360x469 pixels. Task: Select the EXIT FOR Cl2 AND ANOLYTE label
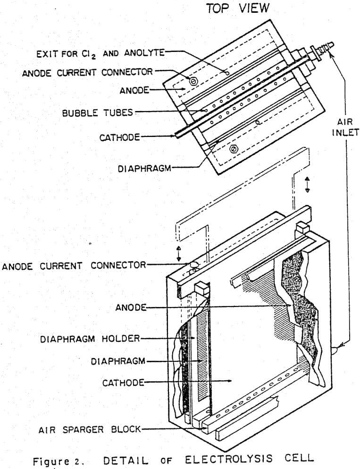point(100,53)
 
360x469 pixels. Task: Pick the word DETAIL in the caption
point(168,457)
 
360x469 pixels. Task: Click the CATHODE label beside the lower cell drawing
point(123,382)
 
